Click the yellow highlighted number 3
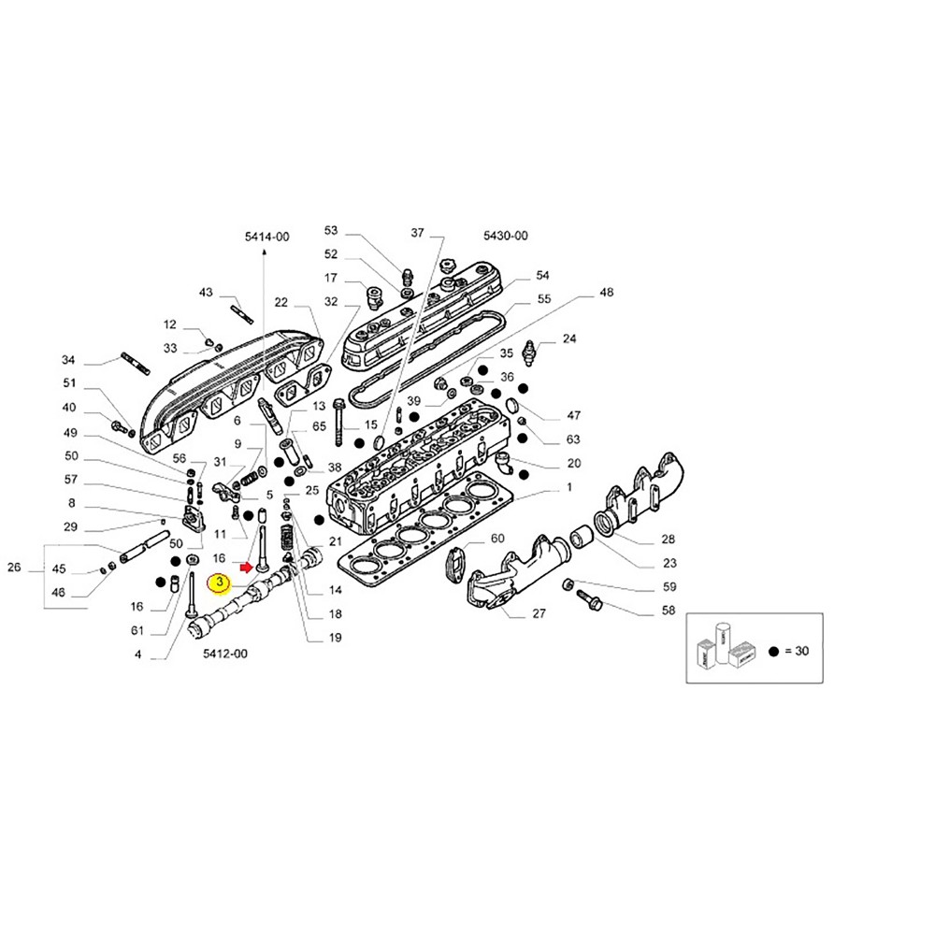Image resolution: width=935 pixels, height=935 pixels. click(x=218, y=583)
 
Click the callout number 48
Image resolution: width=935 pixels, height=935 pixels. click(x=607, y=293)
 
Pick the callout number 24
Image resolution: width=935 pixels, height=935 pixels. click(x=569, y=338)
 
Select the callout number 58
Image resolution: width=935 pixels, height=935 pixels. click(x=642, y=611)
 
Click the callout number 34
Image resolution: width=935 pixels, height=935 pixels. click(x=67, y=360)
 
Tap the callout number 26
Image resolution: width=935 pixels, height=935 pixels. click(x=13, y=568)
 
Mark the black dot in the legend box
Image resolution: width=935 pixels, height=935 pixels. click(x=774, y=652)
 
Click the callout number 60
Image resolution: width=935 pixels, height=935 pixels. click(x=497, y=538)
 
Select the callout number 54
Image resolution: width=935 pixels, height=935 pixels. click(x=543, y=276)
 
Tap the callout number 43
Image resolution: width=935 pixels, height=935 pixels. click(x=206, y=293)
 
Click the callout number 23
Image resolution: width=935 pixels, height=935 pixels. click(x=642, y=563)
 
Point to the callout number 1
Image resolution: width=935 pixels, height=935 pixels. click(x=569, y=489)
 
